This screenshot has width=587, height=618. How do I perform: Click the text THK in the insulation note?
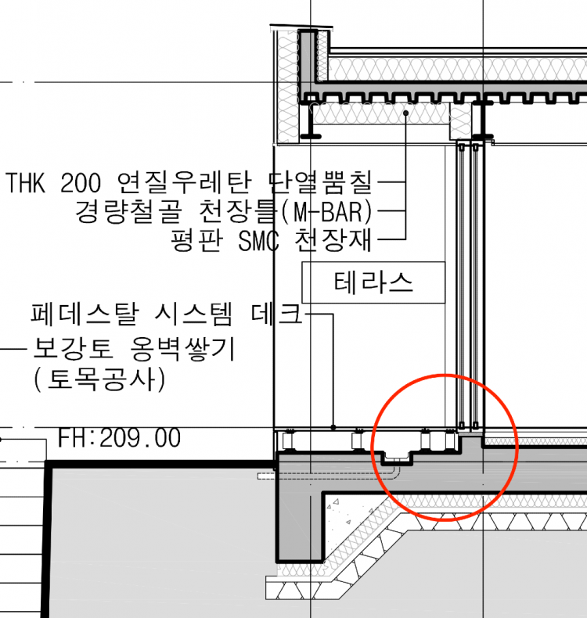pos(26,182)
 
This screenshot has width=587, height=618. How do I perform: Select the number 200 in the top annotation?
pos(81,182)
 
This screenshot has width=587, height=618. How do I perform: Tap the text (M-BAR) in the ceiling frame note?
pos(327,212)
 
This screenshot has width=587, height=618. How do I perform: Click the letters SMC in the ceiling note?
pos(258,240)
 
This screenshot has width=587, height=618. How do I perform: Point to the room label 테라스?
pos(373,282)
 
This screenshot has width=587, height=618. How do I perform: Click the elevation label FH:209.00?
pos(120,437)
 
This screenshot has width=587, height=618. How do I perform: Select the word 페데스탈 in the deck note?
pos(85,314)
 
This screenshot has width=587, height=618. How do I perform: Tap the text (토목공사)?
pos(100,379)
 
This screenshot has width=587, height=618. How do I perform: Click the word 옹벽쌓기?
pos(182,348)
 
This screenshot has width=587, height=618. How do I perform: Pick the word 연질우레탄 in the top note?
pos(185,182)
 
